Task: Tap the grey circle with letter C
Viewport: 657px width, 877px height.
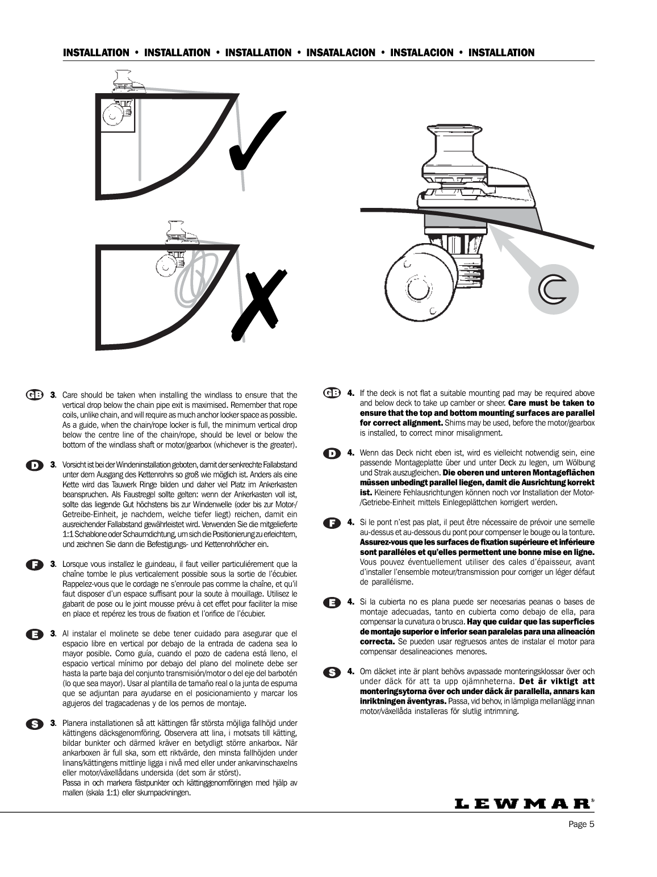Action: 553,290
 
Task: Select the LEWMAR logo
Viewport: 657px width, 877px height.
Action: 524,803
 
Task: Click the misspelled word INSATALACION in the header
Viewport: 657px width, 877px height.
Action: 340,53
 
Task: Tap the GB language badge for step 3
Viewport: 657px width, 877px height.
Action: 34,395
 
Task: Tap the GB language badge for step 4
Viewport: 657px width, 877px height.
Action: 332,392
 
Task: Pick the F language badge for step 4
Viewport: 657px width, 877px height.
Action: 332,522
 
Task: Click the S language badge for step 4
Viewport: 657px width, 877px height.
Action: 332,672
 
